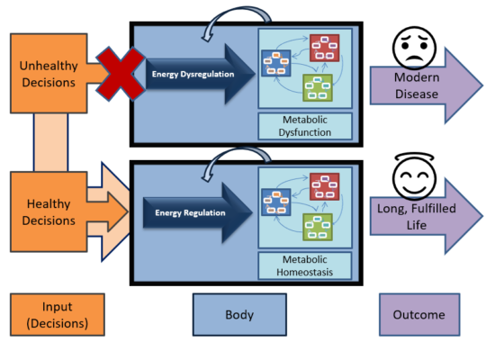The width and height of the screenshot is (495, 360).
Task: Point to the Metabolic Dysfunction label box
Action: (x=305, y=125)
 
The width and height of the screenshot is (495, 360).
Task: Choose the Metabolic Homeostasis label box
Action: (x=305, y=264)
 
